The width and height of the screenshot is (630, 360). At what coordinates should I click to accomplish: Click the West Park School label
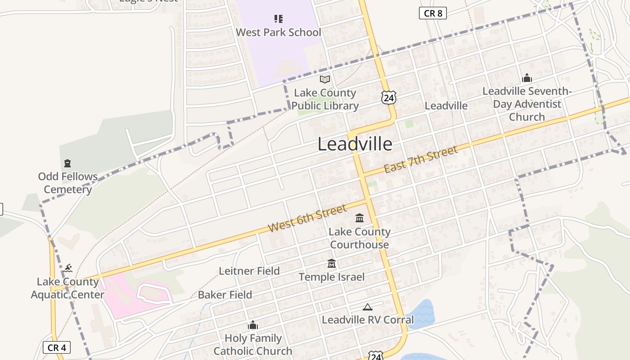(x=279, y=32)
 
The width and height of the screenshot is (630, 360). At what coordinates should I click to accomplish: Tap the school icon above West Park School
(x=279, y=19)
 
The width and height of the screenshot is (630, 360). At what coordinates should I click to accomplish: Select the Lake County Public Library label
(x=325, y=99)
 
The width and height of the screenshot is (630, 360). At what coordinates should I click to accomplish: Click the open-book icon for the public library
(x=325, y=80)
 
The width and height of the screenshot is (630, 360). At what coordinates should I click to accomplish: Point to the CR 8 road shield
(x=432, y=13)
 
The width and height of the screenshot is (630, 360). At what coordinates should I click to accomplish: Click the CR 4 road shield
(x=57, y=347)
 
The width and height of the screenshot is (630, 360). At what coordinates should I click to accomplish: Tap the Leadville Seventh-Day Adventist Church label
(x=527, y=104)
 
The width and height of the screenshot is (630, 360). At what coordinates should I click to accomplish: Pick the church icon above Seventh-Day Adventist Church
(x=527, y=78)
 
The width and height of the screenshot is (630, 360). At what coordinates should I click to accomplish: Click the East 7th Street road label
(x=420, y=159)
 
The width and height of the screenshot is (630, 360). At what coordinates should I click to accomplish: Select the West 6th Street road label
(x=307, y=218)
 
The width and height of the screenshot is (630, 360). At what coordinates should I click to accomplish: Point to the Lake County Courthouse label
(x=360, y=238)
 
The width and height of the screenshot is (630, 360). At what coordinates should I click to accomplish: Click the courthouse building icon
(x=360, y=218)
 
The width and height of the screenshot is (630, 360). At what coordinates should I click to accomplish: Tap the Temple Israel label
(x=332, y=277)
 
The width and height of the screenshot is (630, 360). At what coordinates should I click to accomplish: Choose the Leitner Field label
(x=249, y=271)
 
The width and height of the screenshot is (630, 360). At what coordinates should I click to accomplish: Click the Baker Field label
(x=225, y=295)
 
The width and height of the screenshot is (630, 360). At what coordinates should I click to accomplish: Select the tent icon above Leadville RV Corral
(x=368, y=307)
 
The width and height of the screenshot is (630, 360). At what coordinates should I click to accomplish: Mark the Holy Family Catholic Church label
(x=253, y=344)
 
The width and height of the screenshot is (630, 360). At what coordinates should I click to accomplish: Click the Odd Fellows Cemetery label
(x=67, y=183)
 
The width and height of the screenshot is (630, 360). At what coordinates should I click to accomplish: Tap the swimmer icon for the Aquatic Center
(x=67, y=269)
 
